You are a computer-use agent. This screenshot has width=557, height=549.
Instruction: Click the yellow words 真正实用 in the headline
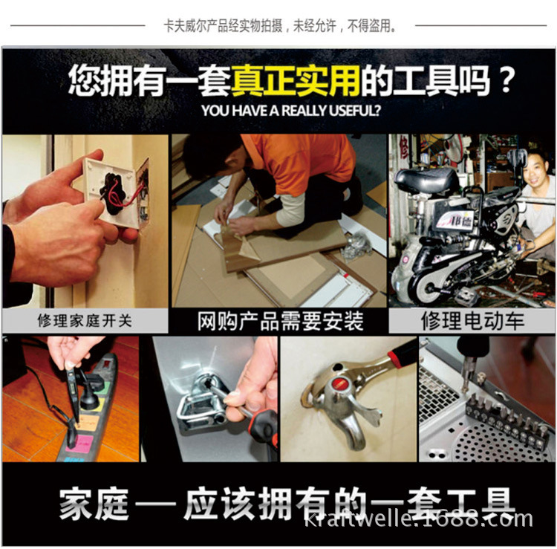pos(296,80)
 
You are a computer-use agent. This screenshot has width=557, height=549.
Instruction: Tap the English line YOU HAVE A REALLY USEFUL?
pos(290,111)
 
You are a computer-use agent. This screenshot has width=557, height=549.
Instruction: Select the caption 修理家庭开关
pos(85,321)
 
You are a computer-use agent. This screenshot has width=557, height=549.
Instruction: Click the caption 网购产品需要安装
pos(280,321)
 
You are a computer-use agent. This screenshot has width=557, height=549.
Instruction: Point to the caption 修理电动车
pos(472,320)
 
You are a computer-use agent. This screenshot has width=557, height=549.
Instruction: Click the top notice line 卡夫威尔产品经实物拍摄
pos(223,25)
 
